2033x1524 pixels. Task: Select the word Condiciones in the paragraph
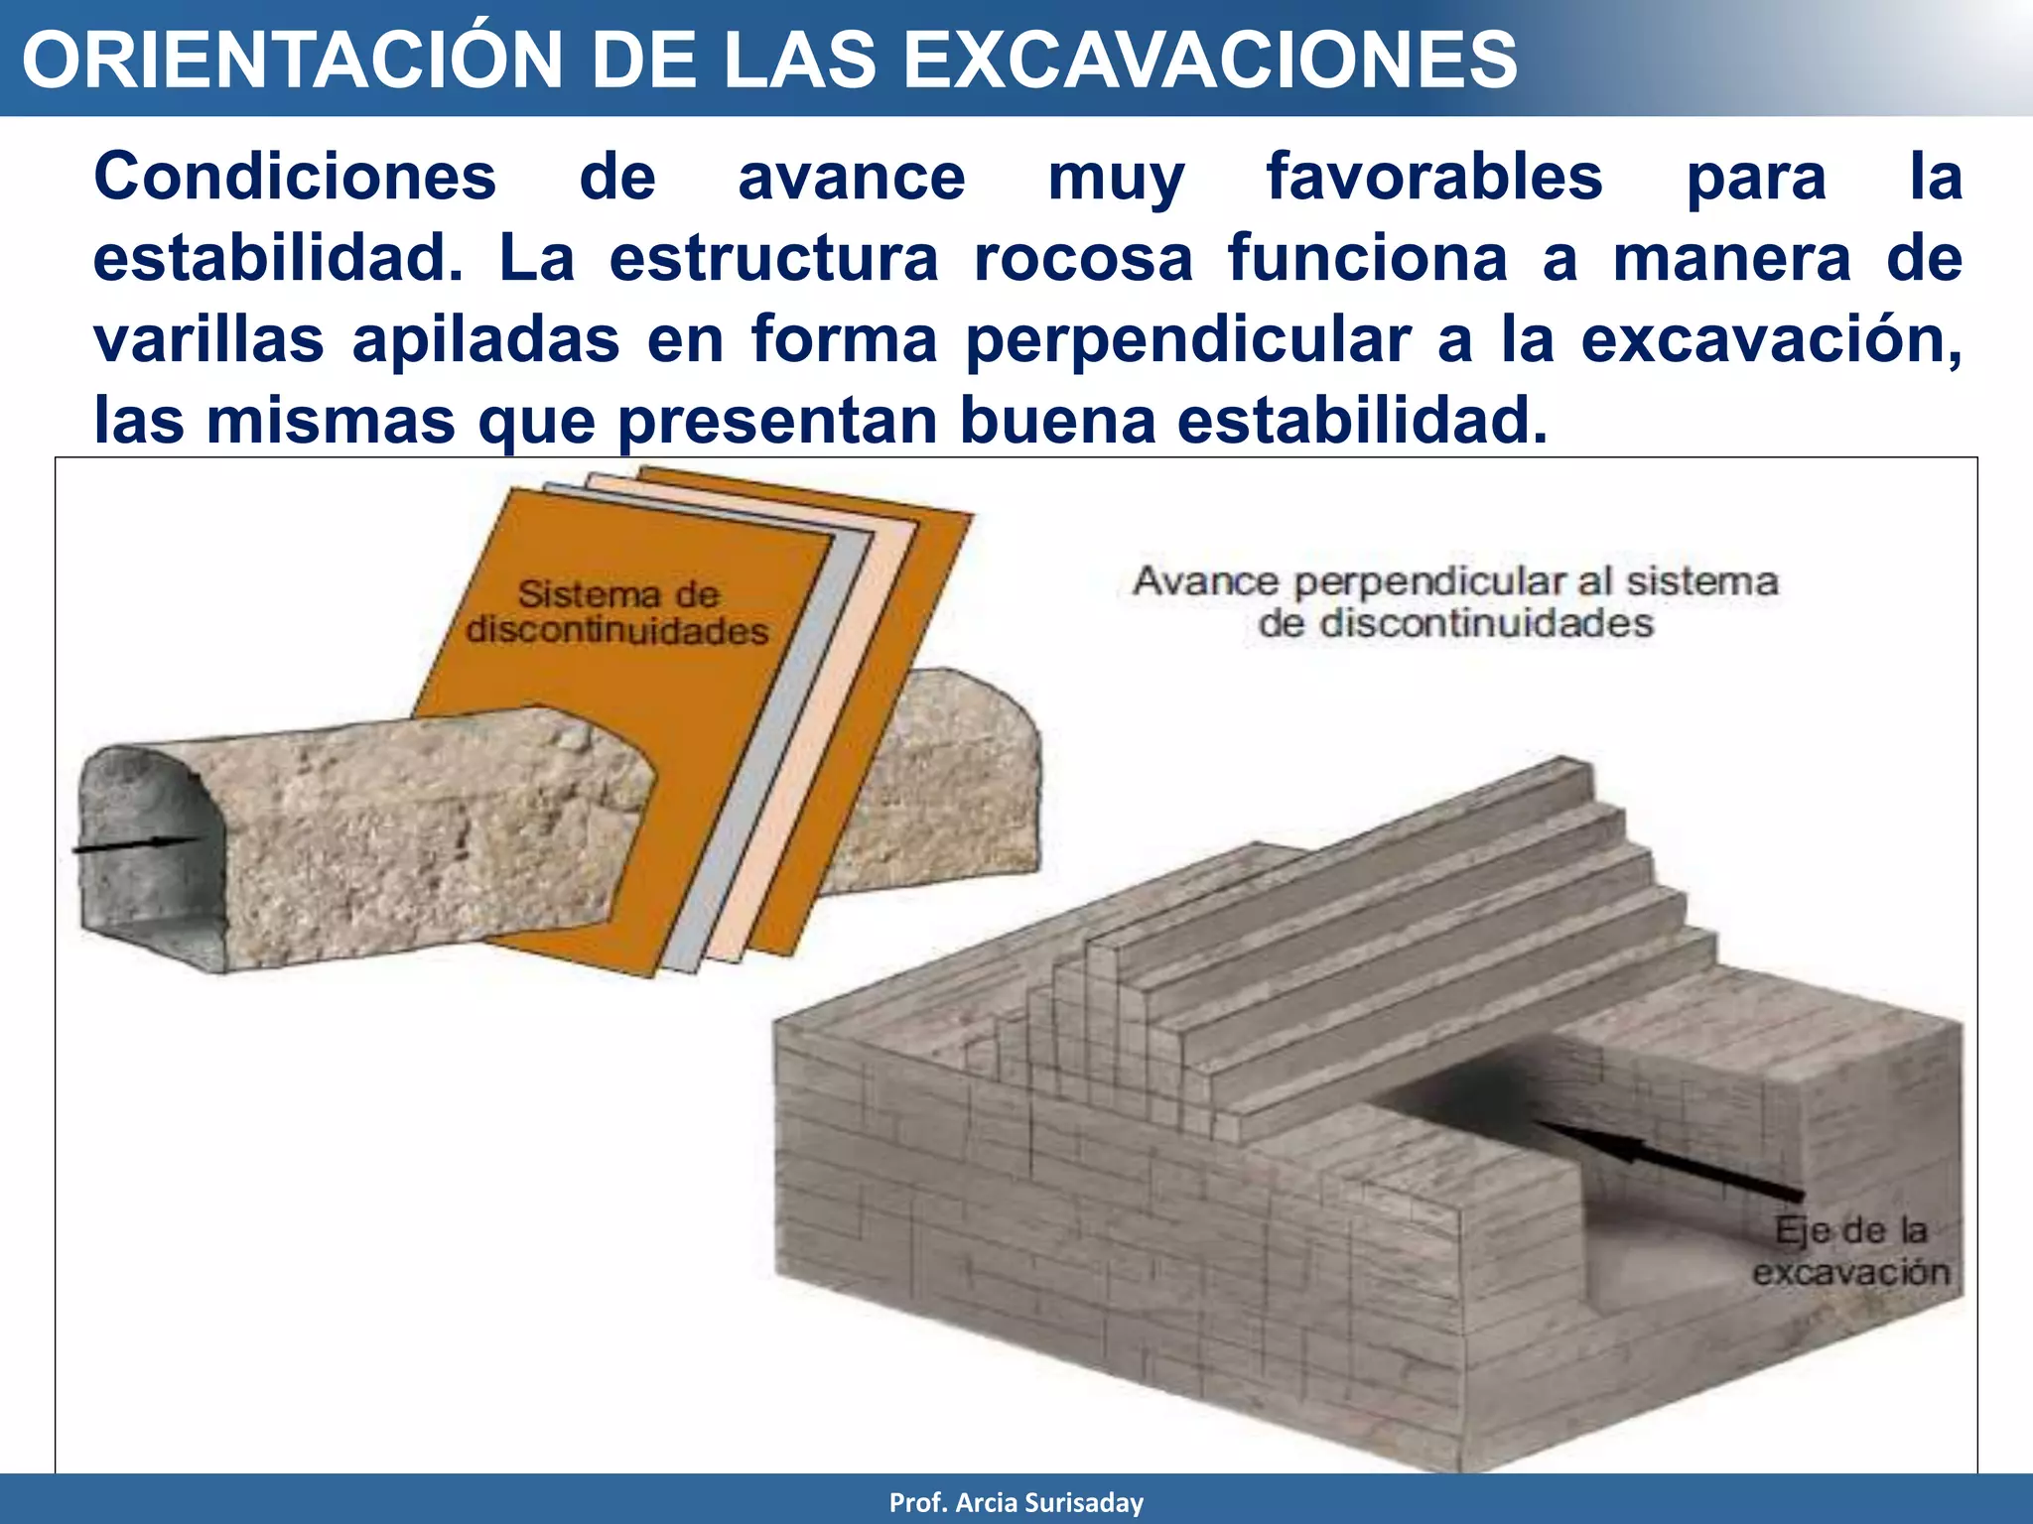tap(295, 178)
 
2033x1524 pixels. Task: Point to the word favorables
tap(1434, 178)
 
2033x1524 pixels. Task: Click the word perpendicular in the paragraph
tap(1188, 340)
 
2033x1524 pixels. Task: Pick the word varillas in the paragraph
tap(208, 340)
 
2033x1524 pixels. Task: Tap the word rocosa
tap(1083, 259)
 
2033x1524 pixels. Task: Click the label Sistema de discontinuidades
tap(617, 612)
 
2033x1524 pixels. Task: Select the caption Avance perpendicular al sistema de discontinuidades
tap(1454, 601)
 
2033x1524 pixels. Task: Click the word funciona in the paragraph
tap(1367, 259)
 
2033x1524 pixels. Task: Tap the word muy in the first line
tap(1116, 178)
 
